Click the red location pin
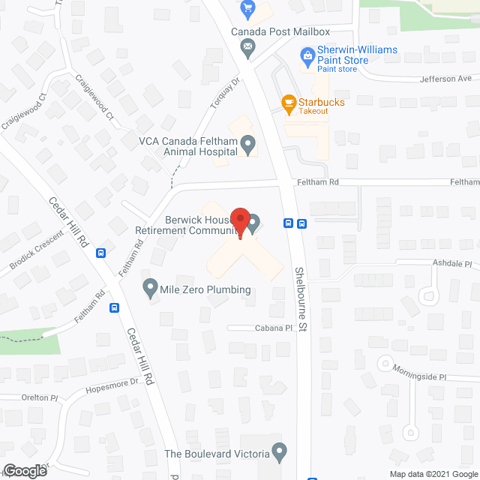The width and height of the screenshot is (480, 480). pos(240,223)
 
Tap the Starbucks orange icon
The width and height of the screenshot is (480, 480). pos(288,101)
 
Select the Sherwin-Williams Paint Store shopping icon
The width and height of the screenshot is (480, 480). pos(307,55)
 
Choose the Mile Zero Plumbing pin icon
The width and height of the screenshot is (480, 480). pos(150,286)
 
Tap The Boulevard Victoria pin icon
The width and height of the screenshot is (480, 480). pos(280,452)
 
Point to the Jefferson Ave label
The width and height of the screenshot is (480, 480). pos(445,78)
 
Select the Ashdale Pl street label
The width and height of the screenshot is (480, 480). pos(452,264)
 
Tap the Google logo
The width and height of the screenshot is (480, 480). pos(24,470)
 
